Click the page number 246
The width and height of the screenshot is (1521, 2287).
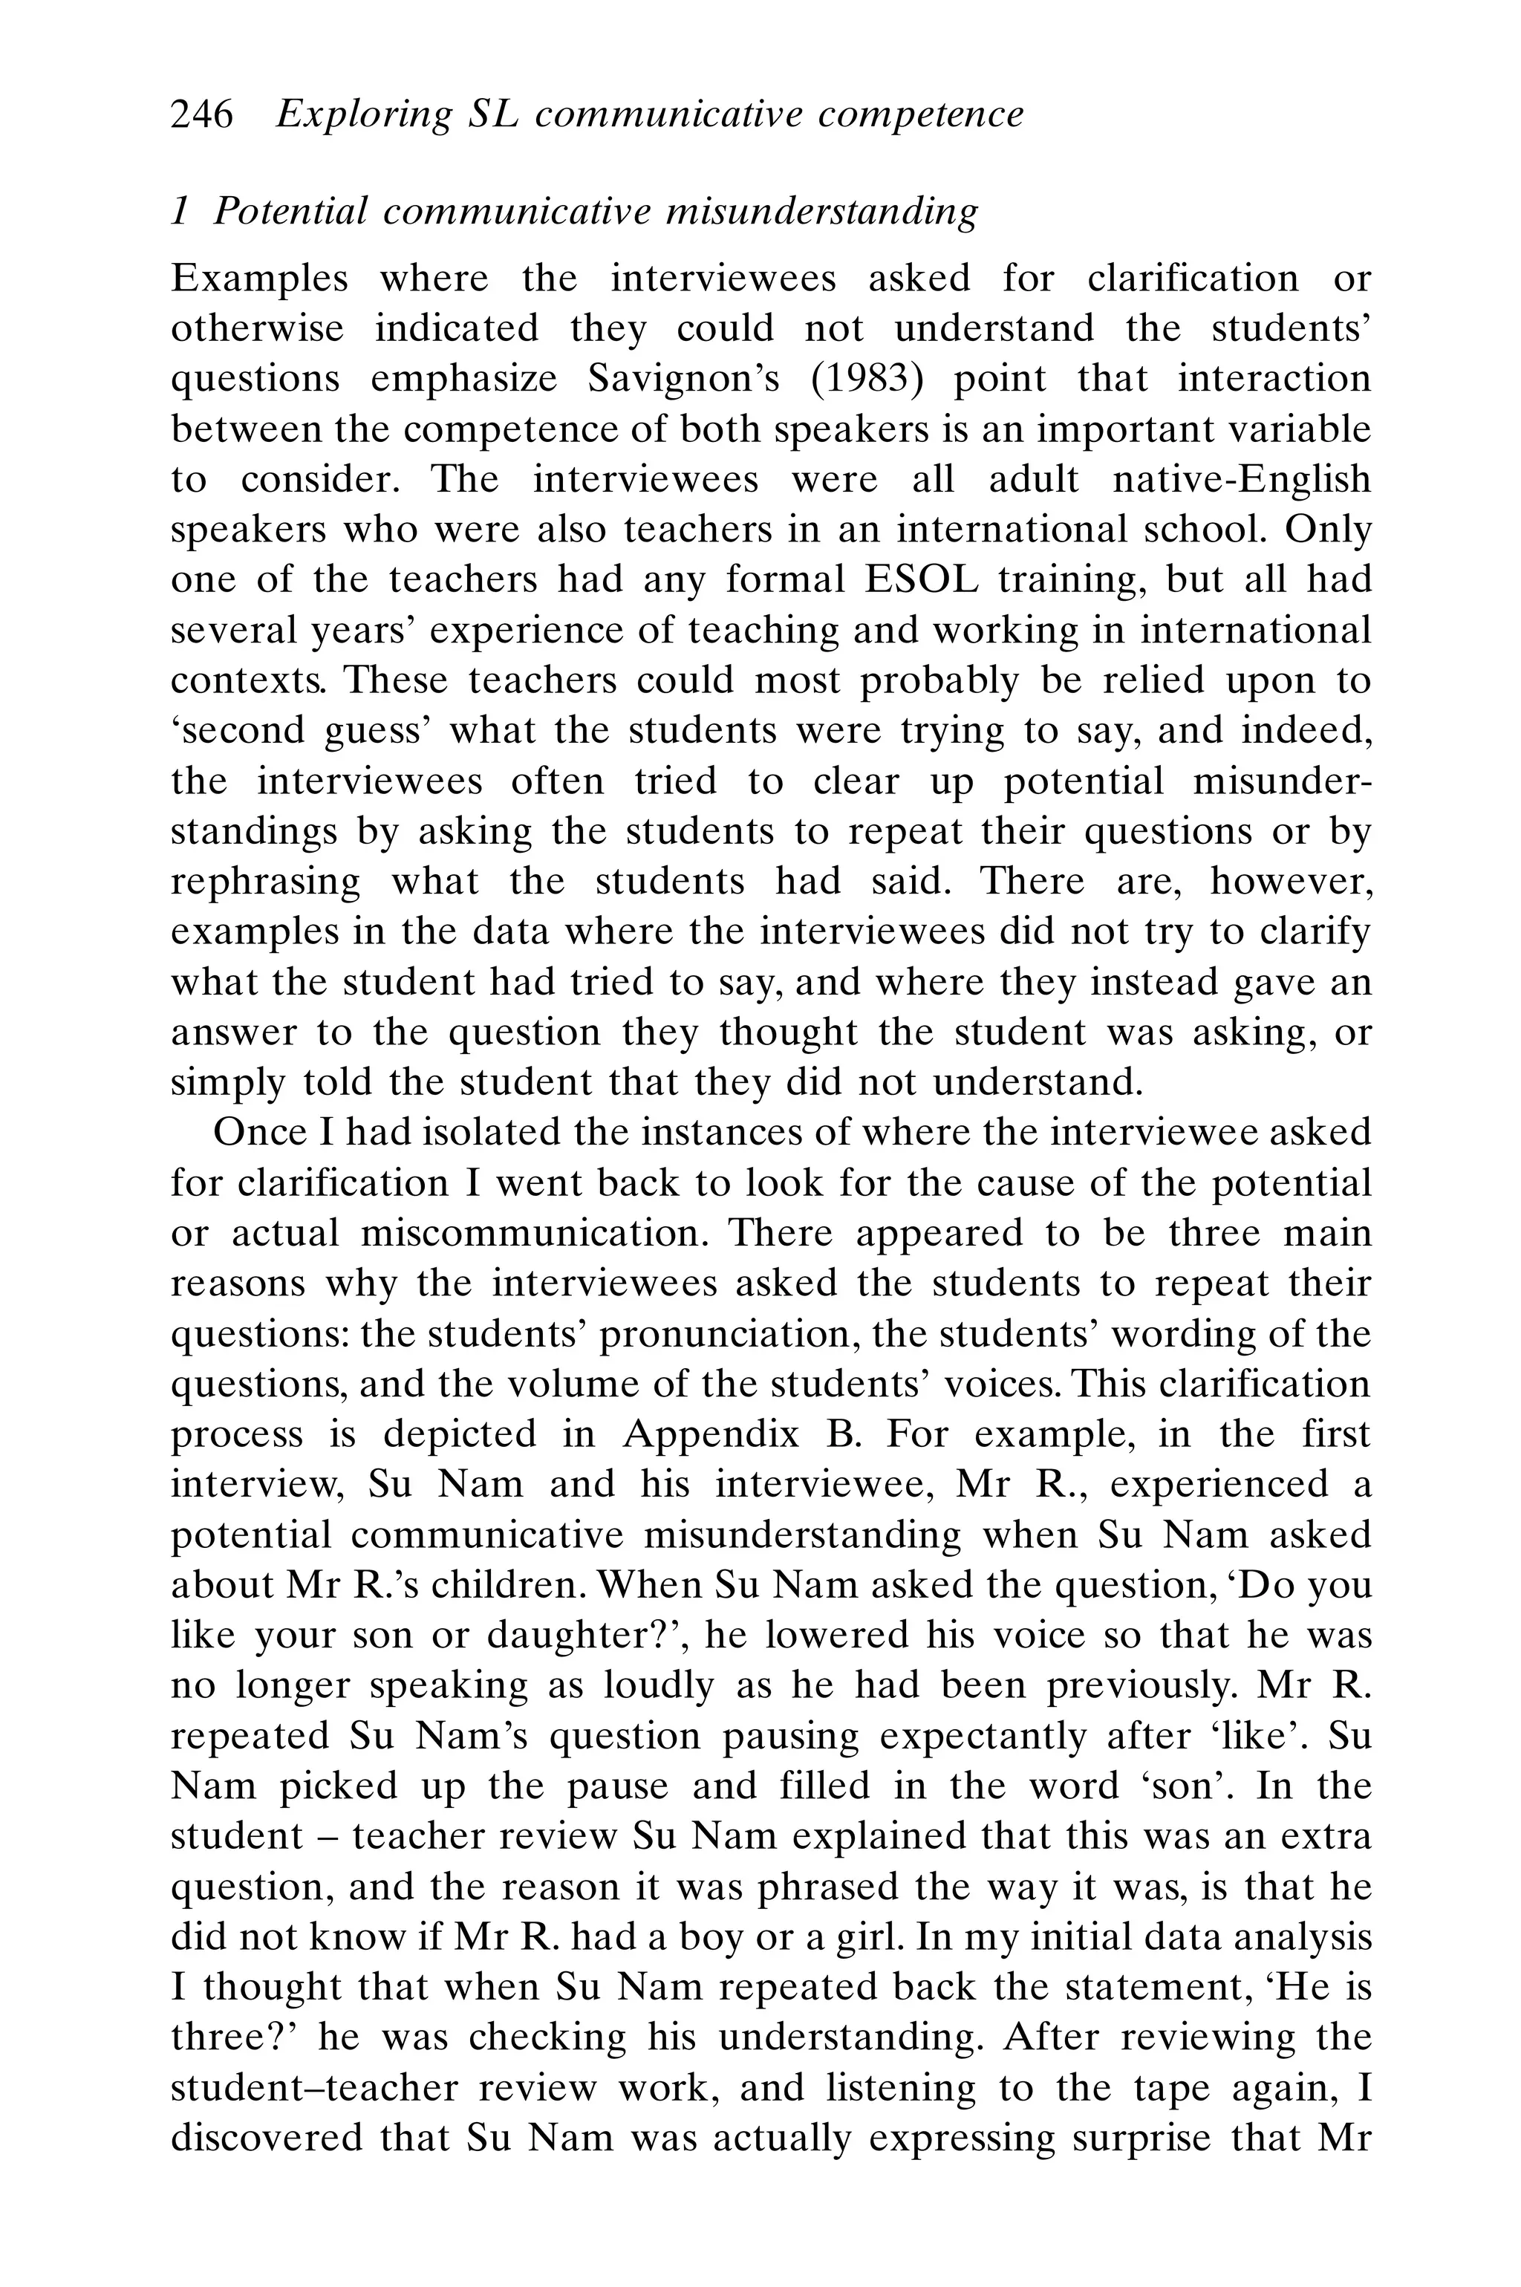click(x=202, y=114)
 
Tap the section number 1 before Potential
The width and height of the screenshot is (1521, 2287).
click(x=180, y=210)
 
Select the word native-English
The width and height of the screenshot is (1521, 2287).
click(x=1241, y=479)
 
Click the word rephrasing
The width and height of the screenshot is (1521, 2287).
click(x=265, y=881)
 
